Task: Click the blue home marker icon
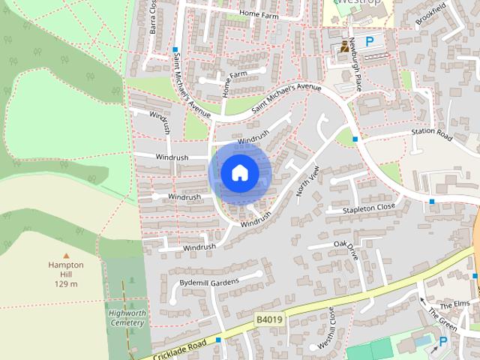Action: tap(239, 172)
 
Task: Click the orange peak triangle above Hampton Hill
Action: tap(65, 256)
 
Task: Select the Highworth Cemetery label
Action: tap(125, 317)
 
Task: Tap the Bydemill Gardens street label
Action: tap(208, 282)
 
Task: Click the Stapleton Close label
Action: tap(370, 208)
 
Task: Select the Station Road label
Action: tap(431, 134)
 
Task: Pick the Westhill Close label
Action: tap(331, 326)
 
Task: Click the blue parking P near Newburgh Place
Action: tap(369, 43)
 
